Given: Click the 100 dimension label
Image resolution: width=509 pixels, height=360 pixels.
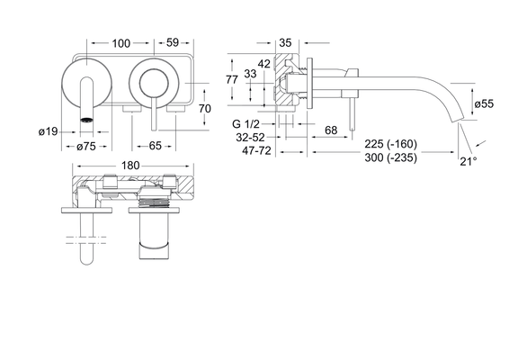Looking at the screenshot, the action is click(x=121, y=43).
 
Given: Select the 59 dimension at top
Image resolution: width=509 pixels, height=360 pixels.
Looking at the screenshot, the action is click(x=173, y=42).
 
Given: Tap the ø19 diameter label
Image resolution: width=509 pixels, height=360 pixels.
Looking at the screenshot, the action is click(x=48, y=131).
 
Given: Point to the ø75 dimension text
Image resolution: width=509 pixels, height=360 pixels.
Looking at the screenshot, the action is click(x=86, y=147).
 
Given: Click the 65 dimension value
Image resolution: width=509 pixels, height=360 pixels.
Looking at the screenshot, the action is click(x=155, y=146).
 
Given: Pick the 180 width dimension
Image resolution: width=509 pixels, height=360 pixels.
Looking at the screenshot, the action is click(x=130, y=166).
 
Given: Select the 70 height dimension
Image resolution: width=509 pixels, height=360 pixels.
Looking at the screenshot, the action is click(x=204, y=109).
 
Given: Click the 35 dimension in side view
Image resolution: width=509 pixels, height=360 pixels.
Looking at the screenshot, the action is click(x=285, y=42).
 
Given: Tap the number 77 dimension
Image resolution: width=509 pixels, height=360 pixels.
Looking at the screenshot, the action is click(x=232, y=79).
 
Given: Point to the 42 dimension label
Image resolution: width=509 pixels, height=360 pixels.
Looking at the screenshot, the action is click(x=263, y=64).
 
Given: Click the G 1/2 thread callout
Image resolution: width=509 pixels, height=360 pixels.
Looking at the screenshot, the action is click(x=246, y=124).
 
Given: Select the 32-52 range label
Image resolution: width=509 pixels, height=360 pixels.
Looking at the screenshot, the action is click(x=250, y=138).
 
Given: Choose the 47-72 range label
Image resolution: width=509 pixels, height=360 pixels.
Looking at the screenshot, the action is click(x=256, y=151).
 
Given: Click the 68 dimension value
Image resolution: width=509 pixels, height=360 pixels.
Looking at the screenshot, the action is click(x=331, y=130).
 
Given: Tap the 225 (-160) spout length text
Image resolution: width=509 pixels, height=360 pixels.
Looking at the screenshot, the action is click(x=390, y=144).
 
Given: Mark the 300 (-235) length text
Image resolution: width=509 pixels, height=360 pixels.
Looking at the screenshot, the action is click(x=390, y=157).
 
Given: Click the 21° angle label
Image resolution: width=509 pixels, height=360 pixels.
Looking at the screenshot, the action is click(x=469, y=161).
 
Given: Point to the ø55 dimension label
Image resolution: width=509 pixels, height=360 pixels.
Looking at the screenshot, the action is click(x=484, y=104).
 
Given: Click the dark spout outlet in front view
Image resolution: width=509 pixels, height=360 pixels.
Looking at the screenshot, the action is click(x=86, y=120).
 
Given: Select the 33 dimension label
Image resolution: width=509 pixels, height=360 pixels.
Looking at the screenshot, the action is click(x=250, y=74).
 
